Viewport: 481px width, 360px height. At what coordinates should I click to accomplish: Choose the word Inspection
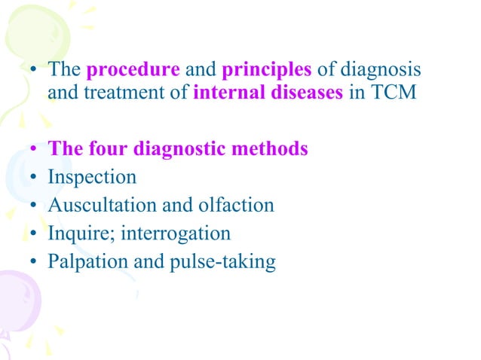[x=92, y=178]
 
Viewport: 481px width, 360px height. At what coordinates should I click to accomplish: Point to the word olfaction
[x=239, y=206]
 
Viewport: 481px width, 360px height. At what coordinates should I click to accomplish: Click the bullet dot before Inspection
[x=34, y=178]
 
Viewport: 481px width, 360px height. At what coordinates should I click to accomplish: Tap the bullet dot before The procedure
[x=34, y=72]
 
